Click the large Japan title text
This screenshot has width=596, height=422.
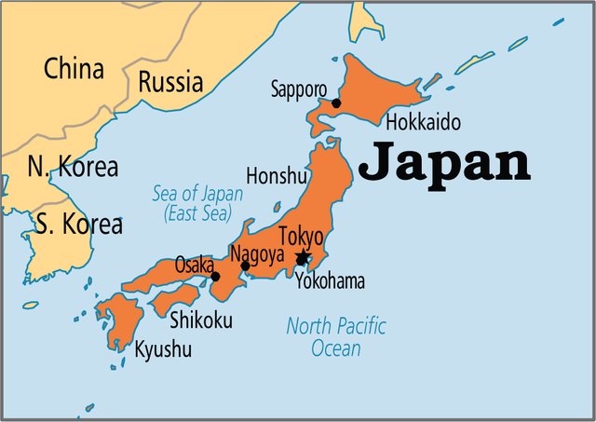click(444, 162)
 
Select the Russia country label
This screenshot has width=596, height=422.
click(170, 82)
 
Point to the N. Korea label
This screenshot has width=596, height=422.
click(73, 168)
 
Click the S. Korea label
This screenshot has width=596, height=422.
click(79, 224)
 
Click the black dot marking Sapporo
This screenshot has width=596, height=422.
click(336, 103)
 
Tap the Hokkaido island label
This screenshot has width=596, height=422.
click(423, 123)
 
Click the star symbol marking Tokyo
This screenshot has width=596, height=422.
click(302, 257)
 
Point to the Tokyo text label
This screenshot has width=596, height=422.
click(301, 237)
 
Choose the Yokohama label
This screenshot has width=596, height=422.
click(330, 281)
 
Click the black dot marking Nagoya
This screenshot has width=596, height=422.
click(245, 266)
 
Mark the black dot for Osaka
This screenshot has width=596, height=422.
click(215, 276)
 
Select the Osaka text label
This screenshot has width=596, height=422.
click(196, 265)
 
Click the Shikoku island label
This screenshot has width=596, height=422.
click(201, 321)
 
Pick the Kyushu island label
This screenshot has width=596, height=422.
click(163, 350)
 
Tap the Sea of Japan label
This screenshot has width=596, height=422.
click(197, 204)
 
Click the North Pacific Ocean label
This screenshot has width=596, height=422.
click(335, 337)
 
